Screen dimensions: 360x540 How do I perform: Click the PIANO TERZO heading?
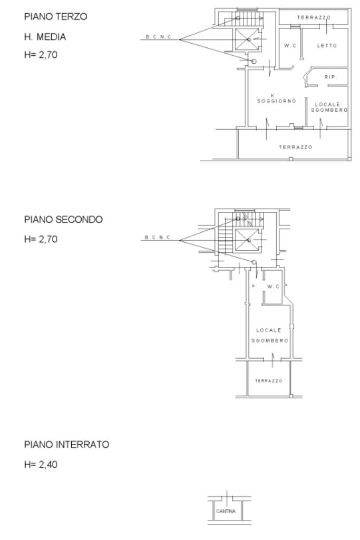tap(55, 16)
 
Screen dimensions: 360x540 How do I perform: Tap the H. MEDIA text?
tap(45, 37)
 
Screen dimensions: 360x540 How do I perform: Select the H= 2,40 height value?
tap(41, 465)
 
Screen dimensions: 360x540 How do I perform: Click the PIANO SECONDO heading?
tap(63, 219)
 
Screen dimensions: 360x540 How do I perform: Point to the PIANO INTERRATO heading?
tap(66, 445)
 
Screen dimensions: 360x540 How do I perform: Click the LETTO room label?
tap(327, 45)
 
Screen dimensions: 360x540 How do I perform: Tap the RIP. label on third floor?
tap(330, 77)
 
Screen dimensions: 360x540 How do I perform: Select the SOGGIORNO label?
tap(277, 101)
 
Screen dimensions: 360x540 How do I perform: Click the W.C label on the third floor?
tap(290, 45)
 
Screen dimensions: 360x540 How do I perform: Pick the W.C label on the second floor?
tap(273, 287)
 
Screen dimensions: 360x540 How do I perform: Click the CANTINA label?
tap(226, 511)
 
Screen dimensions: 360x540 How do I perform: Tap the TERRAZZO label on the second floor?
tap(268, 380)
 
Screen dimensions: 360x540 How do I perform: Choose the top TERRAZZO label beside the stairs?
tap(314, 17)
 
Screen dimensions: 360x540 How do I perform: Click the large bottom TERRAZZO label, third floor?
tap(296, 147)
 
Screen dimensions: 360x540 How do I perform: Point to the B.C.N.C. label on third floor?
tap(159, 37)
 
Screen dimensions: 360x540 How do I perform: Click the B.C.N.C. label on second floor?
tap(158, 237)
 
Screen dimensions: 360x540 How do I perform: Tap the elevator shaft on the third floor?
tap(247, 40)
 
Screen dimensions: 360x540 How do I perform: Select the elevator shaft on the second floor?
tap(247, 240)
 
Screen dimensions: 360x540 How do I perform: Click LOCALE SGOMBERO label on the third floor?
tap(329, 107)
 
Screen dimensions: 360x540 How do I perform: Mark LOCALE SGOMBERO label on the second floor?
tap(269, 336)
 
